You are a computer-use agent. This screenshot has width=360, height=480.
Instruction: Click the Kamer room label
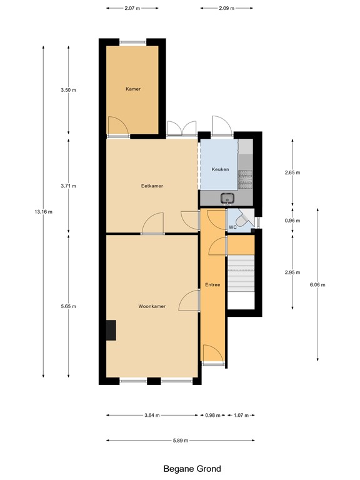(132, 89)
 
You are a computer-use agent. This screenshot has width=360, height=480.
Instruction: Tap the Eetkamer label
(152, 186)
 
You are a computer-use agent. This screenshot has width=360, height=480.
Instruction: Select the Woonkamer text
(152, 306)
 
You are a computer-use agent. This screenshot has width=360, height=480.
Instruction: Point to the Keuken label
(220, 169)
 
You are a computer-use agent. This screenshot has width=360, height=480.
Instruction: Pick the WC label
(232, 227)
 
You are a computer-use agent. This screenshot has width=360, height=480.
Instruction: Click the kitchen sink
(227, 199)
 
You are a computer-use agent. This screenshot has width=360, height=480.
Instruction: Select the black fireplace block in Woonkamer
(111, 330)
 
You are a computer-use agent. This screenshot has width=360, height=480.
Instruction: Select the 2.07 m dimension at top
(132, 8)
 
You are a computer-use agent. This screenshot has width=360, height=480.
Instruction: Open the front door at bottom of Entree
(212, 357)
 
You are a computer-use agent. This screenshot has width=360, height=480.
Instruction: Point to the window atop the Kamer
(132, 42)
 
